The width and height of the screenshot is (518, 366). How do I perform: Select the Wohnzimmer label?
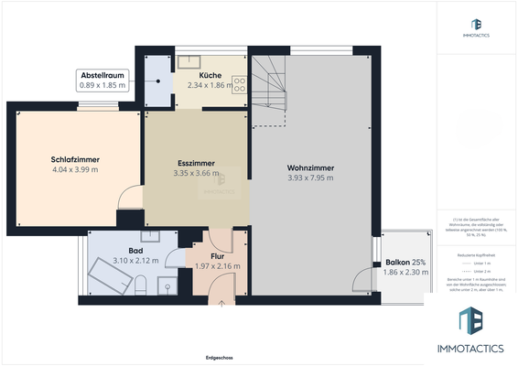point(309,168)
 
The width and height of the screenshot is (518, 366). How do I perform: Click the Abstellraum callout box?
point(103,80)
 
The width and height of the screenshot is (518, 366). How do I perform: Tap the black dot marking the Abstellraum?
point(158,80)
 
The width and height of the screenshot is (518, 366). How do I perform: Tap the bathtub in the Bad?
point(108,276)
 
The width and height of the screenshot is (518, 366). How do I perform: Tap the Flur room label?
point(218,256)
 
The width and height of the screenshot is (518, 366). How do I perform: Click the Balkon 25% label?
point(403,263)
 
